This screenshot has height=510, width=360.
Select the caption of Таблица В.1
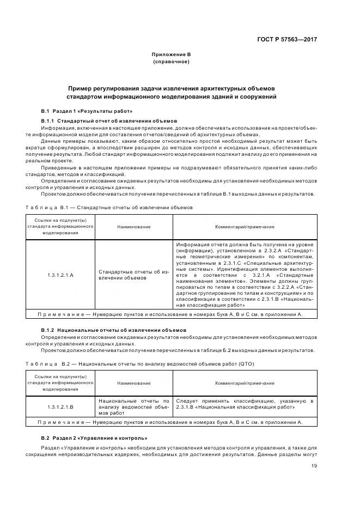(116, 208)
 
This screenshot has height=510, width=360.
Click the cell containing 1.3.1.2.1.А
(60, 275)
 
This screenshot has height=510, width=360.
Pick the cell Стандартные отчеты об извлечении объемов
(133, 275)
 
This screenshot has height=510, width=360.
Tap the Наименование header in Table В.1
(133, 227)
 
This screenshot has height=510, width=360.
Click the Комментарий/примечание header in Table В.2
(245, 384)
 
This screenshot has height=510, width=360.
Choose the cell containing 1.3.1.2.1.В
(60, 407)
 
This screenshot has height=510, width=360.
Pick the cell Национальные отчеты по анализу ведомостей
(133, 407)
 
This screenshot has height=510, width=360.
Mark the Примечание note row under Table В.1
(169, 314)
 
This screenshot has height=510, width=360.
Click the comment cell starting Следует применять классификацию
(245, 404)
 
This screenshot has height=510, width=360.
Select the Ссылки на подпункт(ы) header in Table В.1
(60, 227)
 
